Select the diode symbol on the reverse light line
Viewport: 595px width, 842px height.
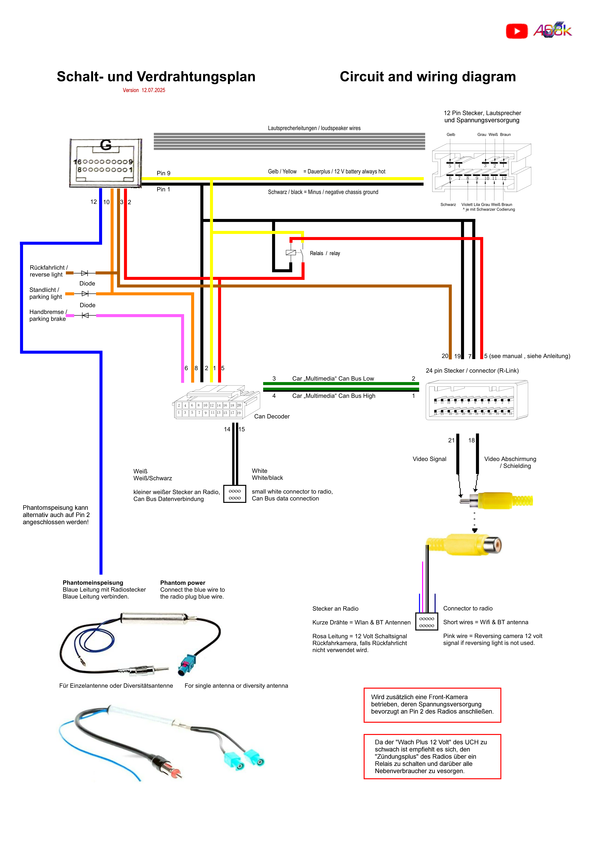[85, 273]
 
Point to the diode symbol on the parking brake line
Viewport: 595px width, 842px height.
[85, 315]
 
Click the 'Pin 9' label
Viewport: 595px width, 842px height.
[163, 173]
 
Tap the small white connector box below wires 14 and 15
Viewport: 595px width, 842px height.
[235, 494]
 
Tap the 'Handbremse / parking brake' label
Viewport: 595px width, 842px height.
[48, 315]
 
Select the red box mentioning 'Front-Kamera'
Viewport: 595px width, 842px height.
[432, 705]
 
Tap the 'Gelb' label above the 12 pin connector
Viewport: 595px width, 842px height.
[451, 135]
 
